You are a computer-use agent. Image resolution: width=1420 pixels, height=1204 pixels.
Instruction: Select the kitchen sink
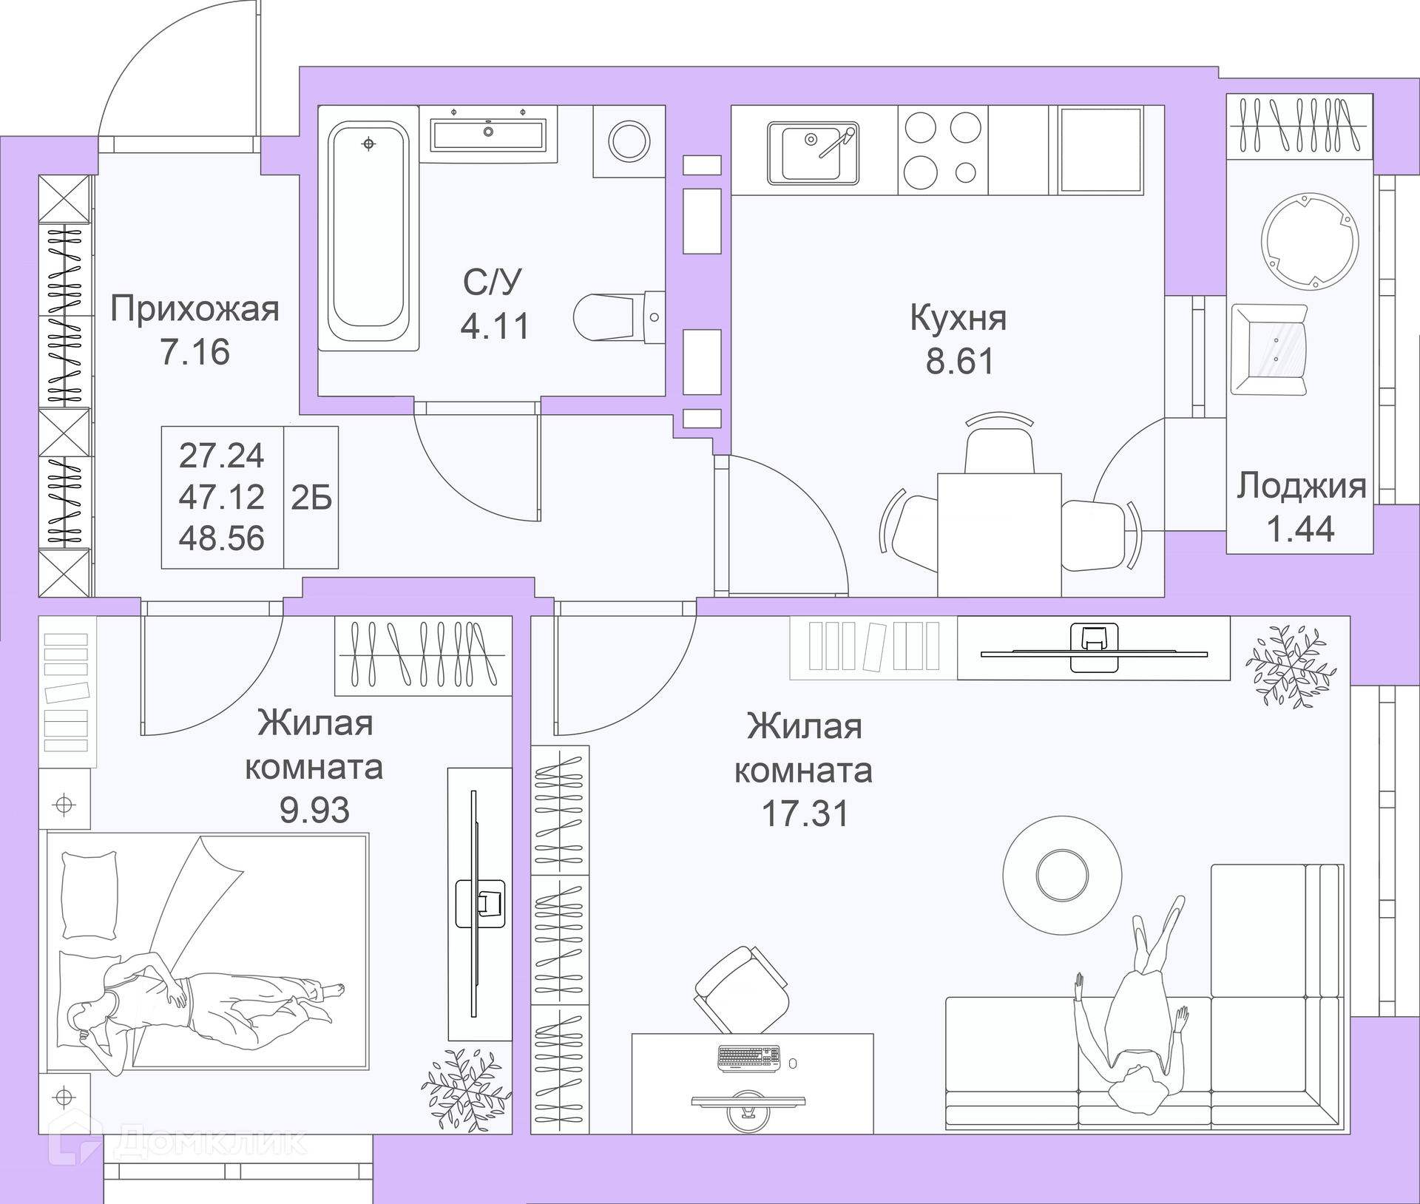[x=813, y=153]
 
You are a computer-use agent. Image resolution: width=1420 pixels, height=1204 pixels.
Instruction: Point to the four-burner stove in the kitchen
[x=943, y=150]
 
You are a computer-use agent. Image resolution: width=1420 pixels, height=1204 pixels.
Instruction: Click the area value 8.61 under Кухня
[x=959, y=362]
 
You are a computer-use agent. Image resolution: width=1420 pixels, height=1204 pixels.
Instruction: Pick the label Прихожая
[x=195, y=309]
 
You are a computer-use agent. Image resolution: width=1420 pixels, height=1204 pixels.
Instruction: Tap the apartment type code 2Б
[x=311, y=498]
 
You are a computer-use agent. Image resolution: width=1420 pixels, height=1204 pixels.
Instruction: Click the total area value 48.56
[x=221, y=538]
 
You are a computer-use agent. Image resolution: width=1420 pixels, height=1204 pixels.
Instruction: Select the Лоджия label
[x=1302, y=487]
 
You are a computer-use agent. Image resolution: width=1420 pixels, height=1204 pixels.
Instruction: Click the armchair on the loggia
[x=1269, y=350]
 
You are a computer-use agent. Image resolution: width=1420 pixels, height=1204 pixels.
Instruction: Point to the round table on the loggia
[x=1310, y=241]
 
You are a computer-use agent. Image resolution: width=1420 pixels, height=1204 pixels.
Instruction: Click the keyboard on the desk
[x=748, y=1058]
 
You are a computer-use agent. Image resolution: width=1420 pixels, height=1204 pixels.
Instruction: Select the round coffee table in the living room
[x=1062, y=875]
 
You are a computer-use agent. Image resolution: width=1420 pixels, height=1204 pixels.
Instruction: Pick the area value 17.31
[x=805, y=814]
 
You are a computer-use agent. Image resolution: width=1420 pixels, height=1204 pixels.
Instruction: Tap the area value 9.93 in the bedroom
[x=314, y=811]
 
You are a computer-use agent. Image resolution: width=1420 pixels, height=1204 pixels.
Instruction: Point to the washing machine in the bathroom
[x=629, y=141]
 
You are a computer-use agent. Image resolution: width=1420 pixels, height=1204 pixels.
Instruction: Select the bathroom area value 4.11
[x=495, y=326]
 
